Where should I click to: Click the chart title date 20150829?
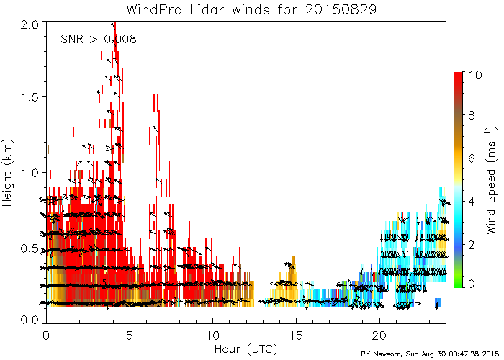point(341,9)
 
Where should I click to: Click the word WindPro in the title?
point(153,9)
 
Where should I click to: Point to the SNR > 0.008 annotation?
point(99,39)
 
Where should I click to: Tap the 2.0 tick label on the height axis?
point(30,24)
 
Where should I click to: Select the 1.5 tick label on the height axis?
point(30,96)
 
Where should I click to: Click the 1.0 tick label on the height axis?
point(30,172)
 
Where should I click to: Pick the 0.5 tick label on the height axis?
point(30,248)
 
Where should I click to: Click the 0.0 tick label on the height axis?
point(30,320)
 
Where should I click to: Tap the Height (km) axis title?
point(7,173)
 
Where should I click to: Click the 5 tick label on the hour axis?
point(130,336)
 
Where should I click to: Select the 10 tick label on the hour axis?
point(213,336)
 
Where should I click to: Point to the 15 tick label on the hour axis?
point(296,336)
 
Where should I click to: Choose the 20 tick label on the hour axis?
point(379,336)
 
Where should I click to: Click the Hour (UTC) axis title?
point(246,348)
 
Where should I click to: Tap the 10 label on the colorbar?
point(474,75)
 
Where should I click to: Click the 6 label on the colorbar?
point(471,158)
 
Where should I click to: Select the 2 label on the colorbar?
point(471,245)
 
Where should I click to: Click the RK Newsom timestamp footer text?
point(430,354)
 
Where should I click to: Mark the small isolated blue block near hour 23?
point(438,303)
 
